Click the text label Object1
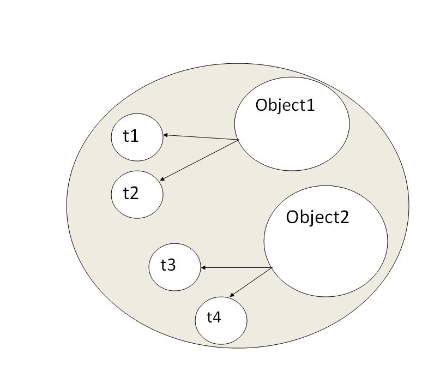[x=285, y=105]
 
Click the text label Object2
[x=317, y=217]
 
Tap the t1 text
[x=131, y=136]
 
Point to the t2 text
[x=131, y=193]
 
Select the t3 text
[x=168, y=265]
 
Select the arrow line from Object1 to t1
[x=202, y=137]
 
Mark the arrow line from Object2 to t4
[x=251, y=282]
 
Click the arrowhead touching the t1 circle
[x=166, y=135]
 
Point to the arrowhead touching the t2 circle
[x=164, y=178]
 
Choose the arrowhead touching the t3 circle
[x=204, y=268]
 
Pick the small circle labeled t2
[x=137, y=205]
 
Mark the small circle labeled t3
[x=174, y=277]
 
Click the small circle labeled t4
[x=221, y=330]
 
